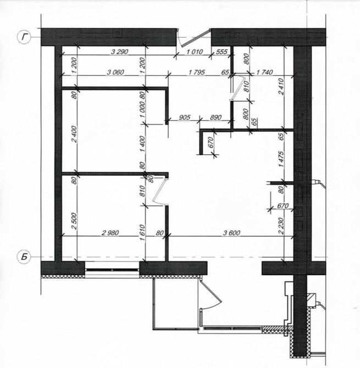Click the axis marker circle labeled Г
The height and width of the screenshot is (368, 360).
point(24,37)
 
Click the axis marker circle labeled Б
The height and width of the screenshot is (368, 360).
point(24,257)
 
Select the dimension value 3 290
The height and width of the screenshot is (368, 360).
point(119,52)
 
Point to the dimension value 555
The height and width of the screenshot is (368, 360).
point(221,52)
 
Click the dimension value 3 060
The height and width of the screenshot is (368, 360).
point(115,72)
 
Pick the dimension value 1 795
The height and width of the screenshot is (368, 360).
point(197,72)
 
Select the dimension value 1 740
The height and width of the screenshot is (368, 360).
point(264,72)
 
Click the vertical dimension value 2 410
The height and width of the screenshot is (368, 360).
point(281,87)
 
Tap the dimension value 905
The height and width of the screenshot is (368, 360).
point(184,117)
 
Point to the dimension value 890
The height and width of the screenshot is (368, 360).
point(215,117)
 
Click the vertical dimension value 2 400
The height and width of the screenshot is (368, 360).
point(74,134)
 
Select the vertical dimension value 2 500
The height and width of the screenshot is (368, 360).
point(74,221)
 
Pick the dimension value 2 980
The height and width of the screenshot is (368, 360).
point(110,233)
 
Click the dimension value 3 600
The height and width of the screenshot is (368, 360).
point(231,233)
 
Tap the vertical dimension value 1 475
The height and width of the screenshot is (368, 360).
point(281,159)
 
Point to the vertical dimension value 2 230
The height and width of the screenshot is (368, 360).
point(281,226)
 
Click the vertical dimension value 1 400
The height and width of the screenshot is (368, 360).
point(142,143)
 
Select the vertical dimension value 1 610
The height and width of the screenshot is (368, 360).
point(142,233)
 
